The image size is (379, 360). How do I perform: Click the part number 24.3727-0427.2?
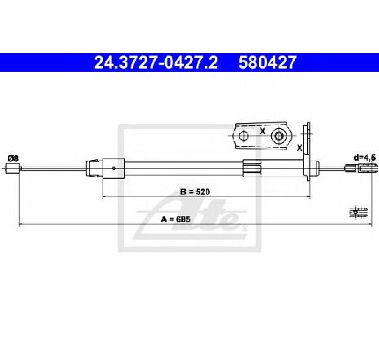click(x=156, y=62)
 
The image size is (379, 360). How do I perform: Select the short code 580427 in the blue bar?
click(x=267, y=62)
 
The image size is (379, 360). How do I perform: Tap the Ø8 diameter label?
click(x=13, y=158)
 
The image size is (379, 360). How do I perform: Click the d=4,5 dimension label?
click(x=364, y=158)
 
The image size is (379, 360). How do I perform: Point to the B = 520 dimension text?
click(x=195, y=192)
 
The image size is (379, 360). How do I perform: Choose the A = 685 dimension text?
click(x=176, y=219)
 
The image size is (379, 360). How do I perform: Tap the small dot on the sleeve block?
click(x=114, y=168)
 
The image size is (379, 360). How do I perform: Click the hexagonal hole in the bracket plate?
click(x=243, y=136)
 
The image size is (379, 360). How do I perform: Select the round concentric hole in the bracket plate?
click(x=279, y=136)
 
